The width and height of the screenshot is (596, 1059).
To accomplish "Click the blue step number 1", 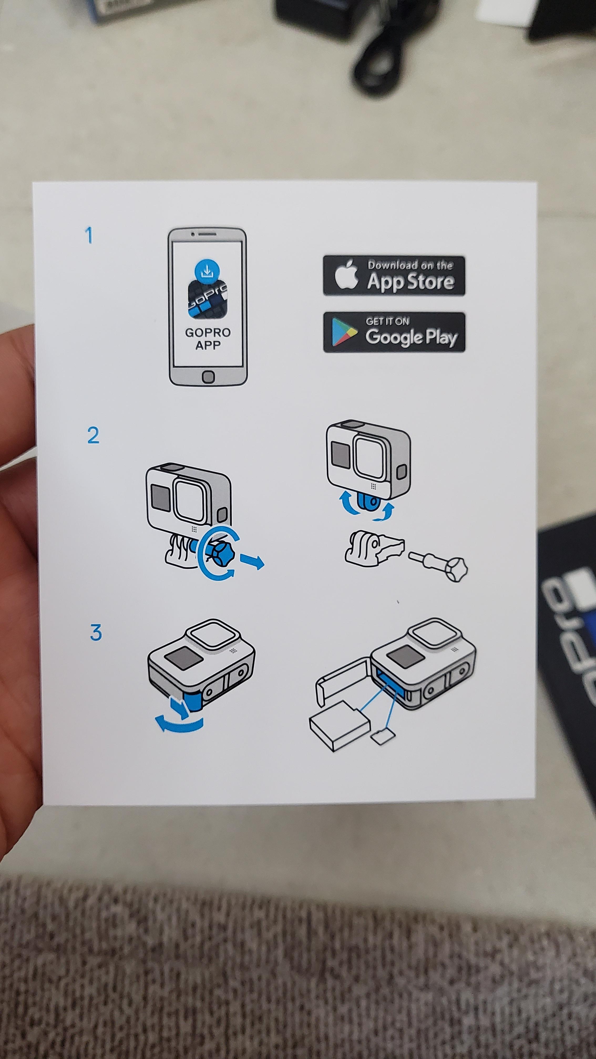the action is pos(89,236).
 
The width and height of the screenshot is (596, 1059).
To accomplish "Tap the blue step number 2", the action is pos(93,435).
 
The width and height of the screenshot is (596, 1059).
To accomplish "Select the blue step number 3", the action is pos(96,633).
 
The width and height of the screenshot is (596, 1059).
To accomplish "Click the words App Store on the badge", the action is pos(410,281).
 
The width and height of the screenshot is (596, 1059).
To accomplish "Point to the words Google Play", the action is pos(411,337).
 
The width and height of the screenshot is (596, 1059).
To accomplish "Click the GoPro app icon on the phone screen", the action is pos(207,298).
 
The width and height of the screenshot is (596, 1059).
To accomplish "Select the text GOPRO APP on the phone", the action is pos(208,339).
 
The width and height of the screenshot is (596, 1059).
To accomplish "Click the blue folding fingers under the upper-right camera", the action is pos(368,503).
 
